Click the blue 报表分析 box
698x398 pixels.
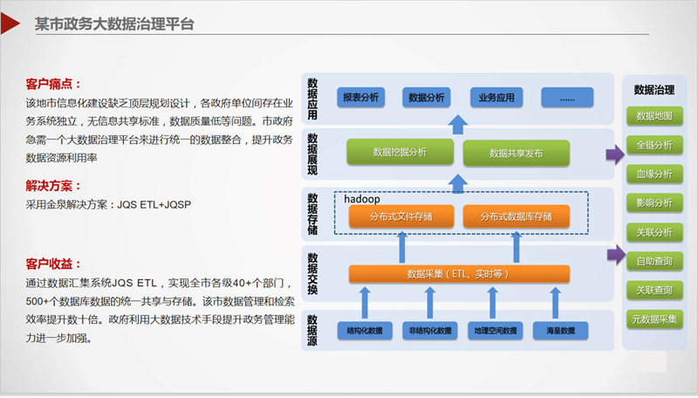(360, 98)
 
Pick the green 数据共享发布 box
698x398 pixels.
(516, 153)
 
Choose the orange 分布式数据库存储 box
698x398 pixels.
(516, 216)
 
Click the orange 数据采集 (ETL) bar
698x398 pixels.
(458, 274)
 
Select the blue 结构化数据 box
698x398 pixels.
(365, 331)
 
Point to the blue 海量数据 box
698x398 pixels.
(558, 331)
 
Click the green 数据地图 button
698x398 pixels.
(654, 116)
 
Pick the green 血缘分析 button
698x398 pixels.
(654, 174)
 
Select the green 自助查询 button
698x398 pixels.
(654, 260)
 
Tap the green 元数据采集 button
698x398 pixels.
(654, 319)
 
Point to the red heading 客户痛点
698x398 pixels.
(52, 85)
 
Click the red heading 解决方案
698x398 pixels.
(52, 186)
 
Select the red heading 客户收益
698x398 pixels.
(52, 264)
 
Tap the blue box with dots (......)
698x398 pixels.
(567, 98)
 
